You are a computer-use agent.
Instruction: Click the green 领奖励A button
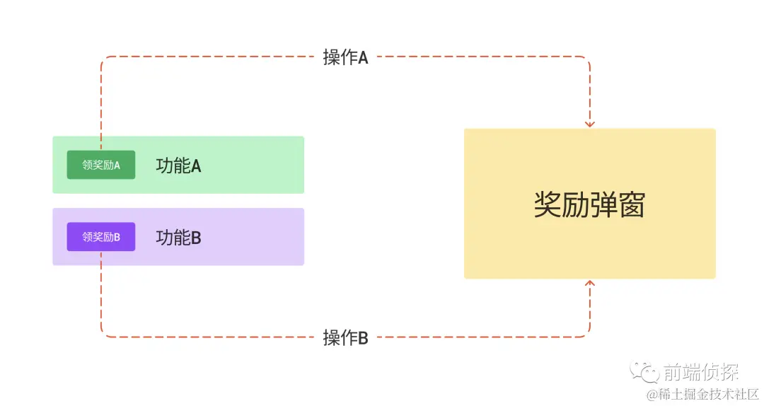[101, 165]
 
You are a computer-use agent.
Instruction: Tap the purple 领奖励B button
[101, 237]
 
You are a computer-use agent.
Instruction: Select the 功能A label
[178, 166]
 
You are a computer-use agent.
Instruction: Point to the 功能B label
[178, 238]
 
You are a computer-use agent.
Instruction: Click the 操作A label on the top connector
[345, 57]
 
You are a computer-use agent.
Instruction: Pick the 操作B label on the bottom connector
[345, 338]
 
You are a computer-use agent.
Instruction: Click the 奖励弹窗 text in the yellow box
[589, 204]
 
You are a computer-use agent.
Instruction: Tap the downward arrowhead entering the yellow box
[590, 124]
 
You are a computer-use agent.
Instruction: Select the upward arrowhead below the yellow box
[590, 284]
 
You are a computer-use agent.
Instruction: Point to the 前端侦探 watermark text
[700, 372]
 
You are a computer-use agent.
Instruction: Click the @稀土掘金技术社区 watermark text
[700, 393]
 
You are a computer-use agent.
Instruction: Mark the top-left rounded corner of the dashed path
[103, 59]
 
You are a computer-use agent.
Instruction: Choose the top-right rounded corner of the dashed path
[587, 59]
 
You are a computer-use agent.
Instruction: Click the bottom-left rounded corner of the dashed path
[103, 334]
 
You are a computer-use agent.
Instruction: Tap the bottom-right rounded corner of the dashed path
[587, 334]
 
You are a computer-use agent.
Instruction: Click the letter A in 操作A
[363, 58]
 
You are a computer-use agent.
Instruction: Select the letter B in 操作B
[363, 339]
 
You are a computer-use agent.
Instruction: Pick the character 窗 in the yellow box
[631, 204]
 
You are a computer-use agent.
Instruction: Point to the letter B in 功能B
[196, 238]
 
